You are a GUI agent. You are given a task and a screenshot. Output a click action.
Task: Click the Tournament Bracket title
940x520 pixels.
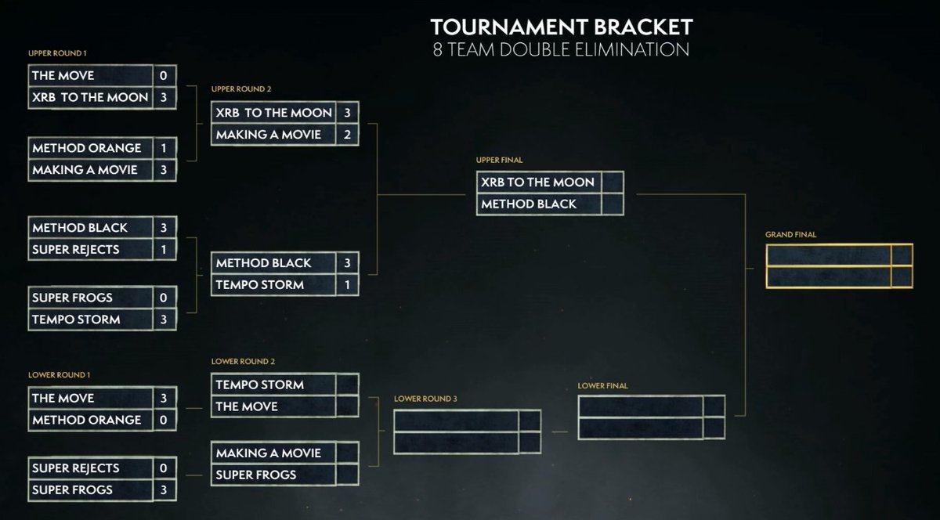(x=561, y=27)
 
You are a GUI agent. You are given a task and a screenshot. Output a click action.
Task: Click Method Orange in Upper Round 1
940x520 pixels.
(x=87, y=148)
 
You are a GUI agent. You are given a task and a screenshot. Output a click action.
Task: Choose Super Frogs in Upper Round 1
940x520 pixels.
(x=72, y=298)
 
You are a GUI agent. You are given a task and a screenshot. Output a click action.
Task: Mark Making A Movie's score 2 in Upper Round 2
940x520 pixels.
(x=347, y=135)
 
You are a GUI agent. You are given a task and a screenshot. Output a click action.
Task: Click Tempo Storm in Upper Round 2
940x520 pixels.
(x=260, y=284)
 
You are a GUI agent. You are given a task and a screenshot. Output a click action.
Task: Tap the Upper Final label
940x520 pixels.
(x=499, y=160)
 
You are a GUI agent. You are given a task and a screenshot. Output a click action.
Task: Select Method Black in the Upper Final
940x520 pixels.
(x=529, y=204)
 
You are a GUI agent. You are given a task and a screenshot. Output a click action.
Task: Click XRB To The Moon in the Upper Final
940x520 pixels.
(x=537, y=182)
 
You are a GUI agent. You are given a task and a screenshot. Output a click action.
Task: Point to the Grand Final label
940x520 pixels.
(x=790, y=234)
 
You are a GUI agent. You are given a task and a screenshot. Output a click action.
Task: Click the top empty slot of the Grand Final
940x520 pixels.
(x=829, y=256)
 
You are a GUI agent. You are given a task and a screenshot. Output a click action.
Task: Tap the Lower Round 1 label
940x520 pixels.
(x=56, y=375)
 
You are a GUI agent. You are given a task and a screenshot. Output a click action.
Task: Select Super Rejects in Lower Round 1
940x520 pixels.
(x=76, y=468)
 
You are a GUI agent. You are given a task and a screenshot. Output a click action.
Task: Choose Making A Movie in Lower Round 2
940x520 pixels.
(x=269, y=453)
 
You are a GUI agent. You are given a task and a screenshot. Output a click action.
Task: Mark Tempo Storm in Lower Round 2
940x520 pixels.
(x=260, y=385)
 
